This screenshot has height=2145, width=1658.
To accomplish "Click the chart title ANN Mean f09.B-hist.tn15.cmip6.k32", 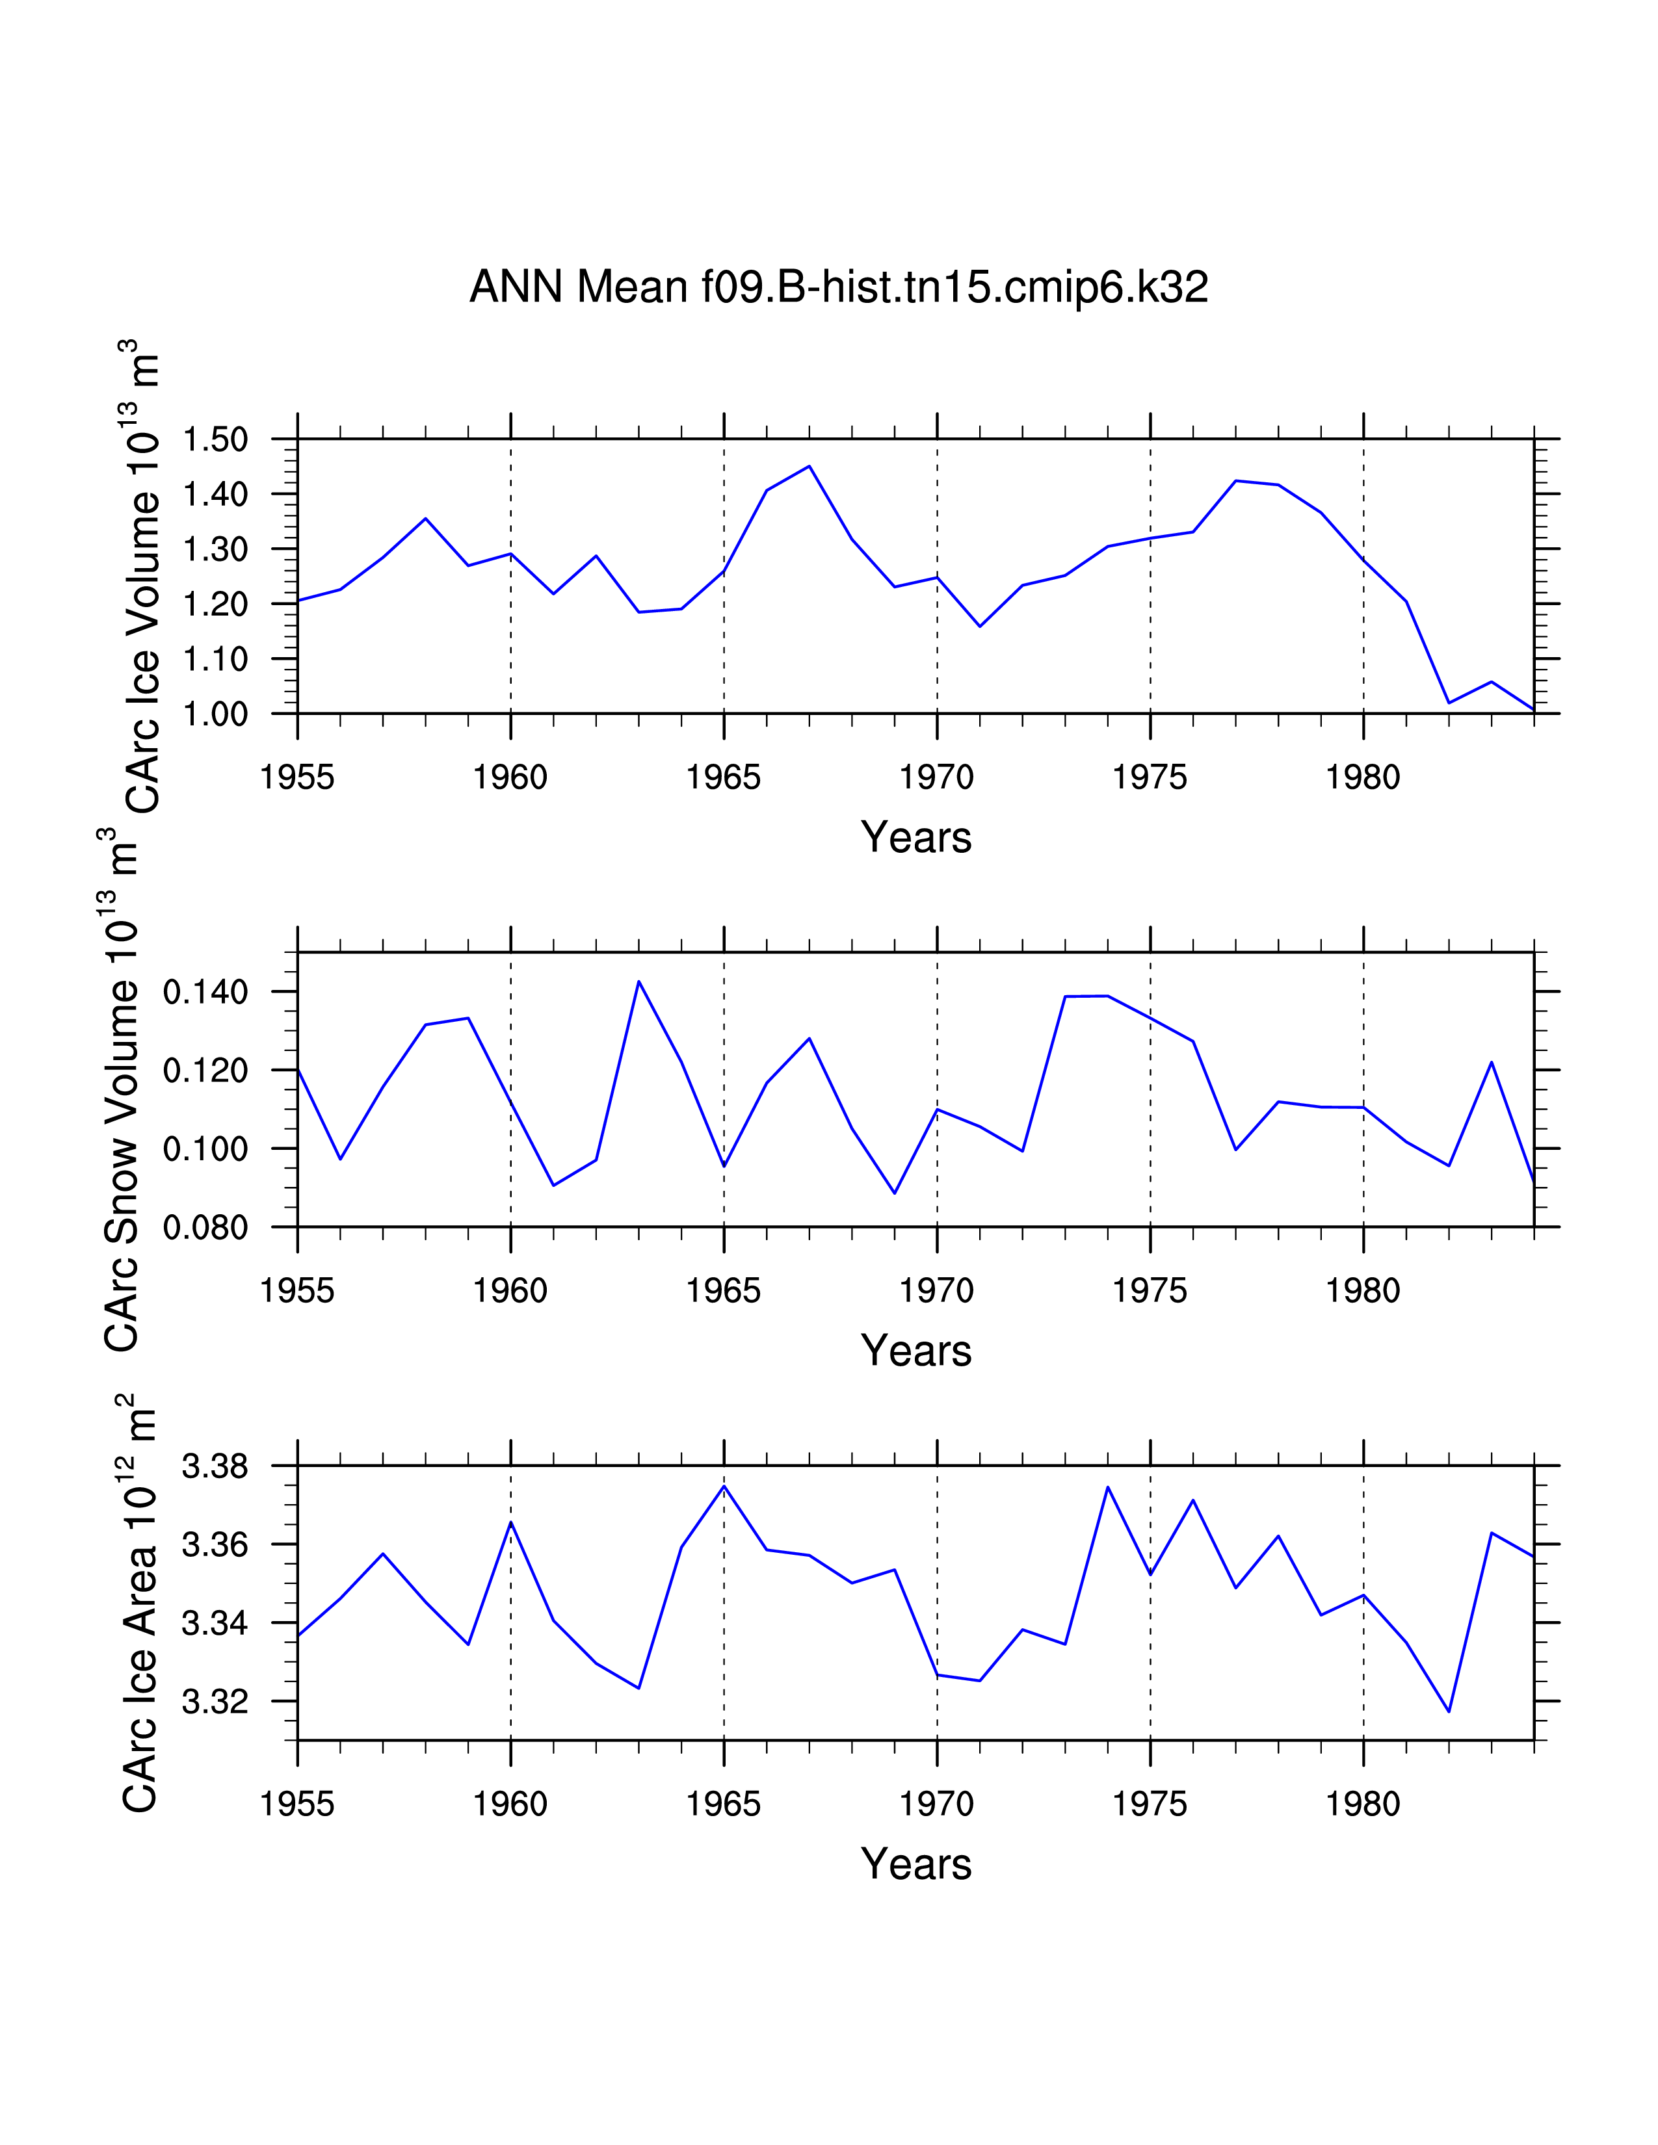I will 838,287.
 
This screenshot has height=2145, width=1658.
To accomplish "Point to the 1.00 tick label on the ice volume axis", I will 215,713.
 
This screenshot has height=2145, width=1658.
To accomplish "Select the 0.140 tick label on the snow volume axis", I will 205,992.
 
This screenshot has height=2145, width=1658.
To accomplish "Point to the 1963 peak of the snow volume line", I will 638,981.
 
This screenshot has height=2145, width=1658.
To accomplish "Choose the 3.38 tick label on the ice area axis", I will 215,1466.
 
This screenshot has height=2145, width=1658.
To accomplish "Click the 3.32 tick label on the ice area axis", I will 215,1701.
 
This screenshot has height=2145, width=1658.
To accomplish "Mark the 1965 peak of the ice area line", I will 724,1486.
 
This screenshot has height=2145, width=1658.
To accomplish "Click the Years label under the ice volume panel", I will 915,838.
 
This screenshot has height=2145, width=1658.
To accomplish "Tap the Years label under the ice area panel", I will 915,1864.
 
